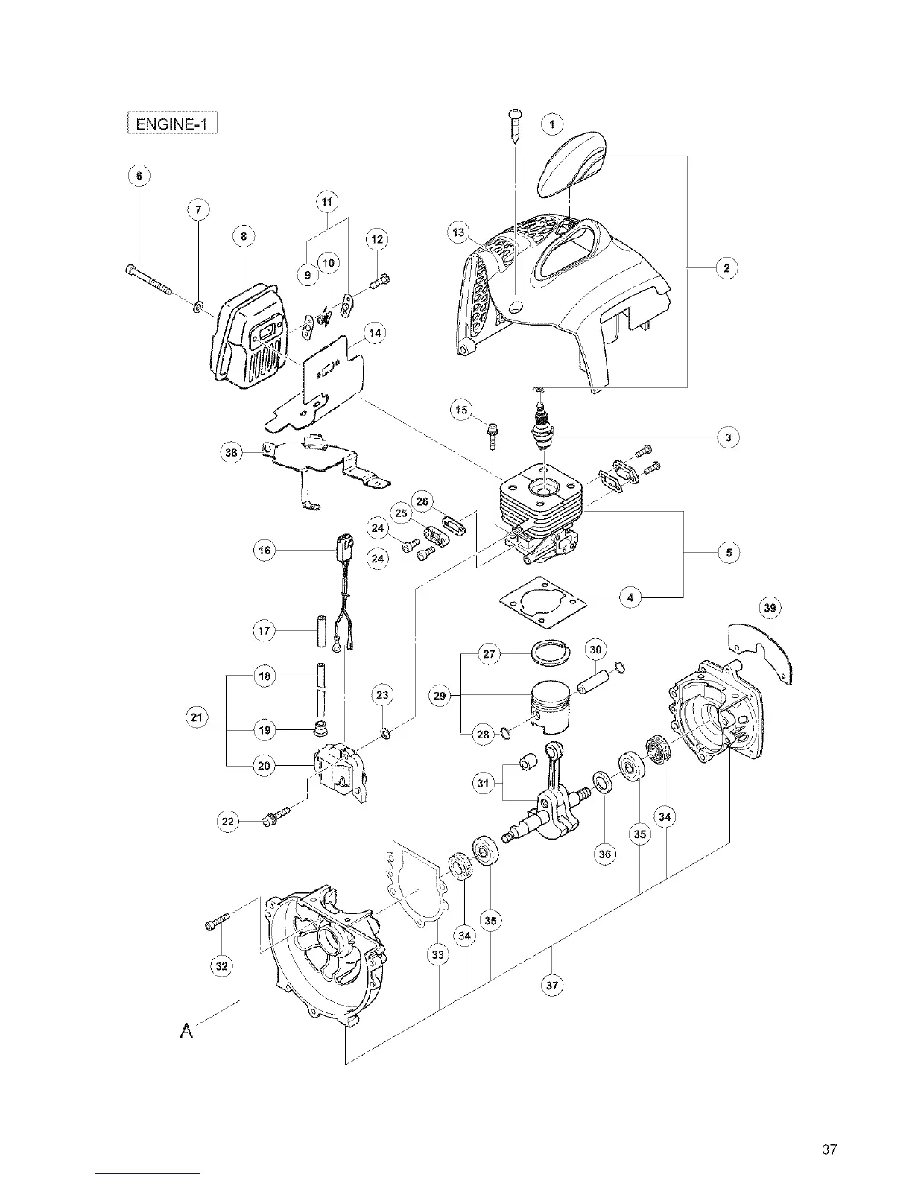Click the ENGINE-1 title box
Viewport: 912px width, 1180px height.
(x=172, y=121)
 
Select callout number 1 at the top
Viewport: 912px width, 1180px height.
(x=551, y=124)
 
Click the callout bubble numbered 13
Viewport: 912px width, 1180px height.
(x=458, y=232)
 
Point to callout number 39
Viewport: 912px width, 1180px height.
(x=770, y=609)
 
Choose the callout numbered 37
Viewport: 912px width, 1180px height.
(x=552, y=985)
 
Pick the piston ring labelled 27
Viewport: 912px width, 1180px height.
(x=551, y=653)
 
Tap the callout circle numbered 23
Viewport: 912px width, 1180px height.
(x=381, y=695)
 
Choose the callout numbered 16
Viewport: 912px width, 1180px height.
(x=265, y=551)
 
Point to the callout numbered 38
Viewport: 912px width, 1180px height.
(x=232, y=452)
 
